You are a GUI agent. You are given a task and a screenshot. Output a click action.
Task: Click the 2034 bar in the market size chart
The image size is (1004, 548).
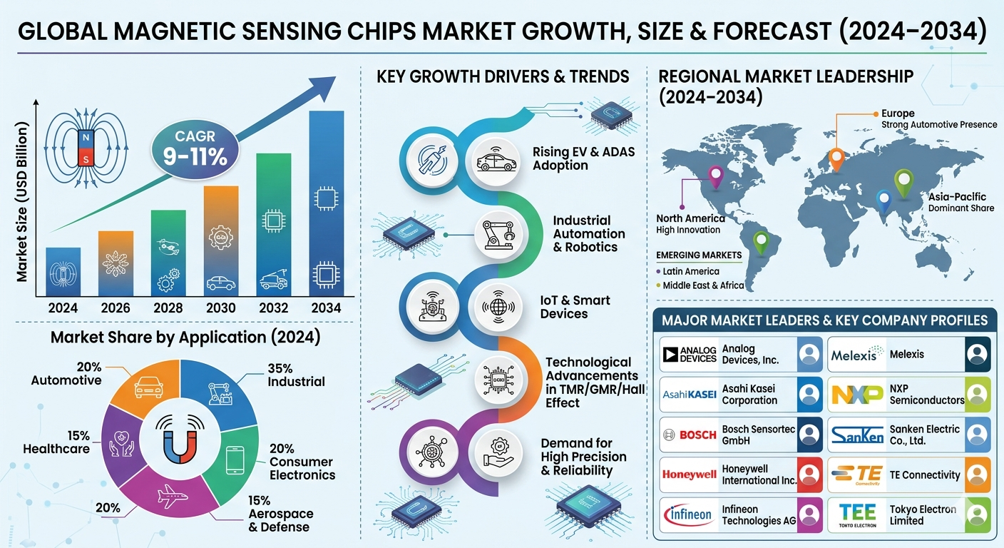tap(327, 203)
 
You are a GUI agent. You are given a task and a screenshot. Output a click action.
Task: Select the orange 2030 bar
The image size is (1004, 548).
tap(221, 241)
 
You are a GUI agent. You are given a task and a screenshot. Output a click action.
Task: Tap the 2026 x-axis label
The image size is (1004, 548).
tap(116, 308)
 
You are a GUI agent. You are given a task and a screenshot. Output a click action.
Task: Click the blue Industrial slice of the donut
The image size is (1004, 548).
tap(220, 390)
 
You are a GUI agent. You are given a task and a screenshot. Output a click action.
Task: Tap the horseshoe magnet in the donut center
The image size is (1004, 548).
tap(180, 442)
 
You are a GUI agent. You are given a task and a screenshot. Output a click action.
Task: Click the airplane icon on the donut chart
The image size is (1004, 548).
tap(172, 496)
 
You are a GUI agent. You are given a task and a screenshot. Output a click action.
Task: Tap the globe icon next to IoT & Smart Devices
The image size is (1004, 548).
tap(498, 307)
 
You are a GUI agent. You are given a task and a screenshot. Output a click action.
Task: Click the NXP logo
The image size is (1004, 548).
tap(857, 395)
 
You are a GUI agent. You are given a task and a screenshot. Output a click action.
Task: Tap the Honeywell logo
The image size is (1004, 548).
tap(689, 475)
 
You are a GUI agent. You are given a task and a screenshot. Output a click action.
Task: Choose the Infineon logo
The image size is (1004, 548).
tap(689, 514)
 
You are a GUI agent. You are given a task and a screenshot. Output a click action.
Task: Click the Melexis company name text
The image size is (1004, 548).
tap(906, 354)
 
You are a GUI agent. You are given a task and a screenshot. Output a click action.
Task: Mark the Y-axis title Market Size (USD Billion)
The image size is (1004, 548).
tap(22, 202)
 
